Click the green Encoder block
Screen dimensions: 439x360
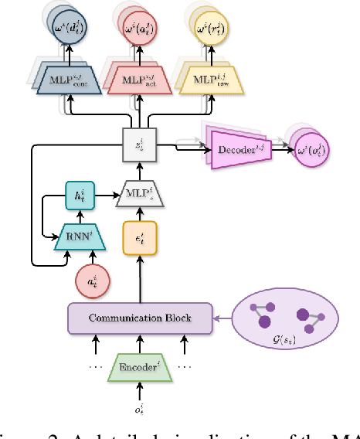click(139, 366)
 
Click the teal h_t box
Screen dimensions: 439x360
click(79, 197)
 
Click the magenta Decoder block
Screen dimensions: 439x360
click(240, 145)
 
